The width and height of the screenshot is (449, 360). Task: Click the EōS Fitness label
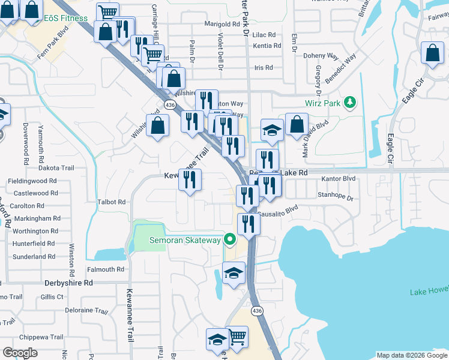(65, 18)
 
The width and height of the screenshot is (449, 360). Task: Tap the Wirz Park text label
(322, 103)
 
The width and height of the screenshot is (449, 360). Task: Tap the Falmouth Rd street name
(105, 269)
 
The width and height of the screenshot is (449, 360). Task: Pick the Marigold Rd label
(222, 25)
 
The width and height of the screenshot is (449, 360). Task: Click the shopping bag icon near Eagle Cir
(432, 54)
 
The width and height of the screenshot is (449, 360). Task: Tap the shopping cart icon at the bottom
(238, 337)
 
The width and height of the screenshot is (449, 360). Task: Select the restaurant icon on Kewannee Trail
(190, 179)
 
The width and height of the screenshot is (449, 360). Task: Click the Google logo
(20, 353)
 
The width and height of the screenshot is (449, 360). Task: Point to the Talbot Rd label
(111, 202)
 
